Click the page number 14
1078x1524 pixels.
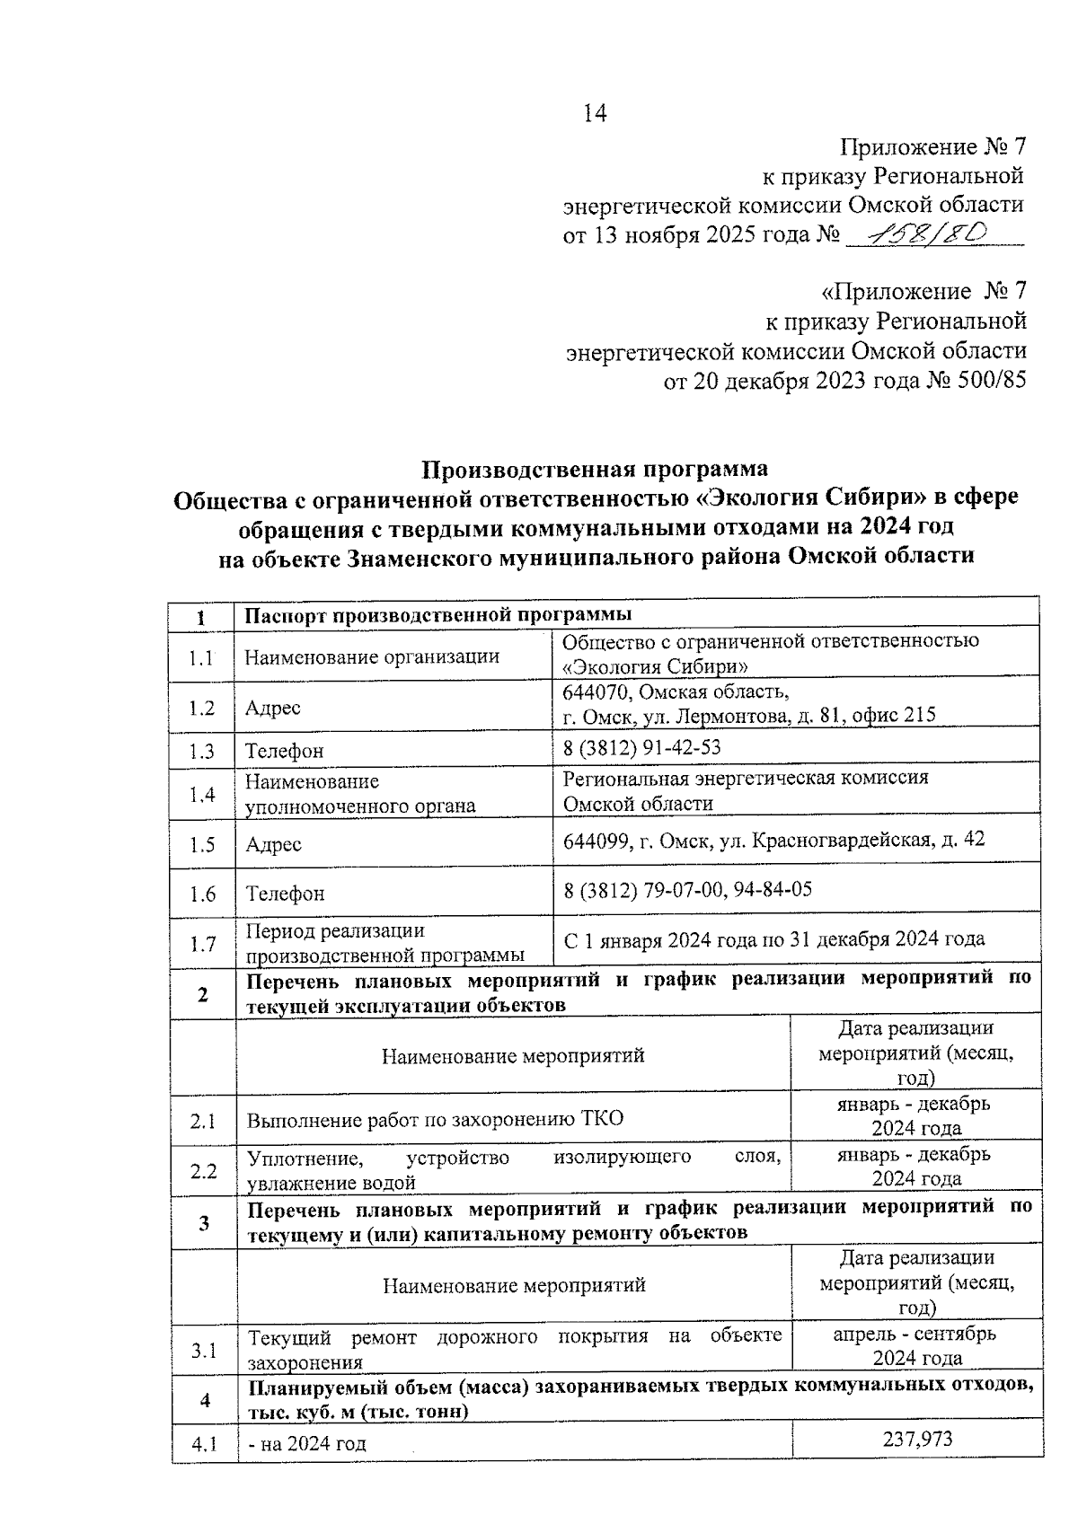(595, 113)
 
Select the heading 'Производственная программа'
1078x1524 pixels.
(596, 469)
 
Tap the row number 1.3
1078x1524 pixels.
(202, 751)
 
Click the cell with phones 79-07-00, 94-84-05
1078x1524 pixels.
(688, 889)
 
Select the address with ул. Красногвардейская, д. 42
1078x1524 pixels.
(773, 840)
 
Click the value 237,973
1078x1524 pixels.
(918, 1439)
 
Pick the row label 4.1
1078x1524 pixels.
(204, 1444)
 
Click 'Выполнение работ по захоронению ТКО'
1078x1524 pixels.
(435, 1119)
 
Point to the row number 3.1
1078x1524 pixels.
(204, 1350)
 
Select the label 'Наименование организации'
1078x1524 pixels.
(372, 656)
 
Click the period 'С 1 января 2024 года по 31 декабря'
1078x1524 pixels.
(773, 939)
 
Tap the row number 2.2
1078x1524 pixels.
(204, 1171)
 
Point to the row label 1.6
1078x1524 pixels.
(202, 894)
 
